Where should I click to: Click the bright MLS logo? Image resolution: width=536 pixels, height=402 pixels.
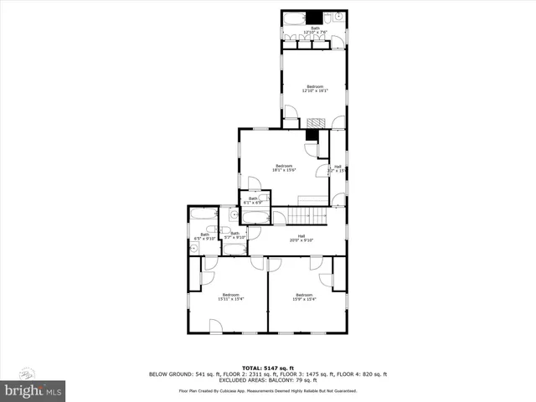[33, 390]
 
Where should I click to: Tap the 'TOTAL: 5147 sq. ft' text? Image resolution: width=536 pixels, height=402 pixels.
[268, 368]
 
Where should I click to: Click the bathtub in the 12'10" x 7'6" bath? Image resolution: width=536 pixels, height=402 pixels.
[294, 18]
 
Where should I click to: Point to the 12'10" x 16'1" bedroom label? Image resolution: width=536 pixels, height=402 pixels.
[315, 89]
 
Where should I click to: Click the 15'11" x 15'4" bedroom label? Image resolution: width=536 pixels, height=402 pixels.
[229, 296]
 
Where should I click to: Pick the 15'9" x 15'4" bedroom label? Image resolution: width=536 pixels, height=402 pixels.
[305, 296]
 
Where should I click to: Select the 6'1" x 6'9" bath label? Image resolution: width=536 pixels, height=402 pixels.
[253, 200]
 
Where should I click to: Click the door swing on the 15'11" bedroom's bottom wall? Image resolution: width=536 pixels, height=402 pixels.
[216, 327]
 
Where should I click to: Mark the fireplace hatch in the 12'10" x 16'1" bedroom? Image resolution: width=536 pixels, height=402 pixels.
[314, 122]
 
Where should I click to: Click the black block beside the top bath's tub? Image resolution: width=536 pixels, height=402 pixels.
[317, 18]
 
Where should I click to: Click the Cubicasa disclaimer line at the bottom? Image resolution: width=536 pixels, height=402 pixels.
[268, 390]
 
